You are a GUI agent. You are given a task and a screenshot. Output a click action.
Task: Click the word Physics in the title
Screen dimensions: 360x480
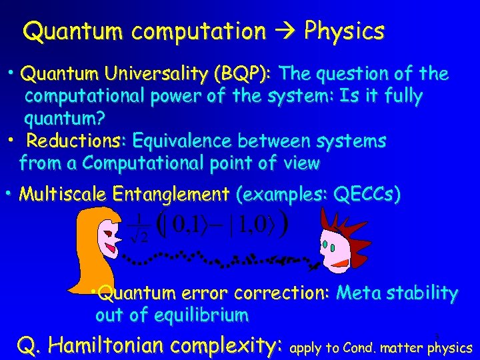pyautogui.click(x=344, y=31)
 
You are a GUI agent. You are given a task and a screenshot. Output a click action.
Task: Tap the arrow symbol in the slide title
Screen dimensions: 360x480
pyautogui.click(x=285, y=31)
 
